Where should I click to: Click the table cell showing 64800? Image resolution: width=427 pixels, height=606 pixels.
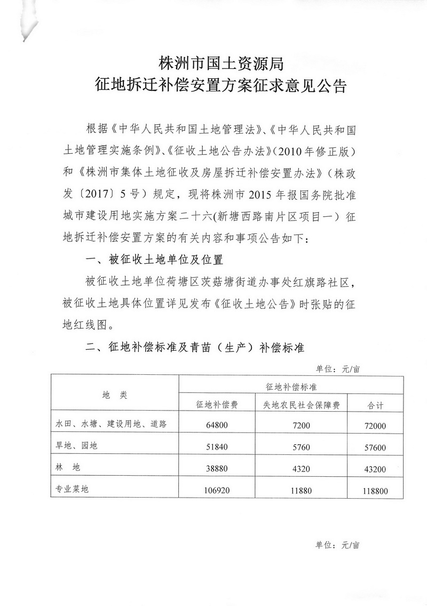217,425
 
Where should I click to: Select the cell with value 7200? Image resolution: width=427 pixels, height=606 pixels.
302,425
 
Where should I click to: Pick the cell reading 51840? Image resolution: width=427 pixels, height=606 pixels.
217,446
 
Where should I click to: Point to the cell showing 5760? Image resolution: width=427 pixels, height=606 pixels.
302,446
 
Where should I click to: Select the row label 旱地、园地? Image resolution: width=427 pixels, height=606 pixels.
77,446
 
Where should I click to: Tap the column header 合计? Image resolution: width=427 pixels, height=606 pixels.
376,405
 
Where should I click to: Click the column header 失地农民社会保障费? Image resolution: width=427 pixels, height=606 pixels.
302,405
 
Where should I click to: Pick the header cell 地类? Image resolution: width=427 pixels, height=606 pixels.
114,395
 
